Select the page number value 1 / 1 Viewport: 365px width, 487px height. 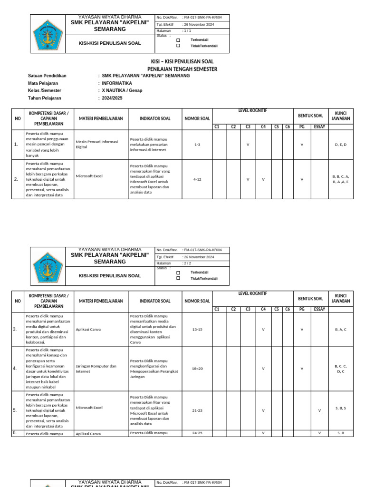[186, 30]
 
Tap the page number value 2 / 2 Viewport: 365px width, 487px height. [186, 263]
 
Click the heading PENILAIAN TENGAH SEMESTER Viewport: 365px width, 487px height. [182, 69]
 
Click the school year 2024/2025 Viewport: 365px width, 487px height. [112, 98]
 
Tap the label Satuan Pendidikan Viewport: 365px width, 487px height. [48, 76]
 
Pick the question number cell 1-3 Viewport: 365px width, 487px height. [197, 144]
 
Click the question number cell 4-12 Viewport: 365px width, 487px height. [197, 179]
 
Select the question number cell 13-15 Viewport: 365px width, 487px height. [197, 329]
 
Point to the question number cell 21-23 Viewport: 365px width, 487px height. [197, 408]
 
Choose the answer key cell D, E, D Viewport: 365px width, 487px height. [341, 144]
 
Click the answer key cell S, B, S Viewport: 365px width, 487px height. [341, 408]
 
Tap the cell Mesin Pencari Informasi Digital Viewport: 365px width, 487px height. [97, 144]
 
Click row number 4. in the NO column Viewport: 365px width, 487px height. [15, 369]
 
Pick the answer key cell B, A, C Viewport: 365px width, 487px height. [341, 329]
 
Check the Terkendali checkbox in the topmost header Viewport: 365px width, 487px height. [178, 40]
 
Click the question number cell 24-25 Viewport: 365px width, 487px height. [197, 433]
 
